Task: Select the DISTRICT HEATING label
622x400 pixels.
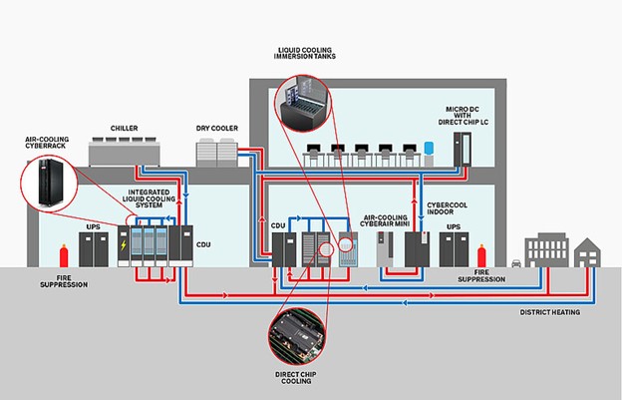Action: point(548,311)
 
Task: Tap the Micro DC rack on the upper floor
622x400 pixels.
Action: point(459,149)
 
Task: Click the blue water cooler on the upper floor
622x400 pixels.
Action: point(428,155)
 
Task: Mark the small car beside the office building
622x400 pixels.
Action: point(516,264)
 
